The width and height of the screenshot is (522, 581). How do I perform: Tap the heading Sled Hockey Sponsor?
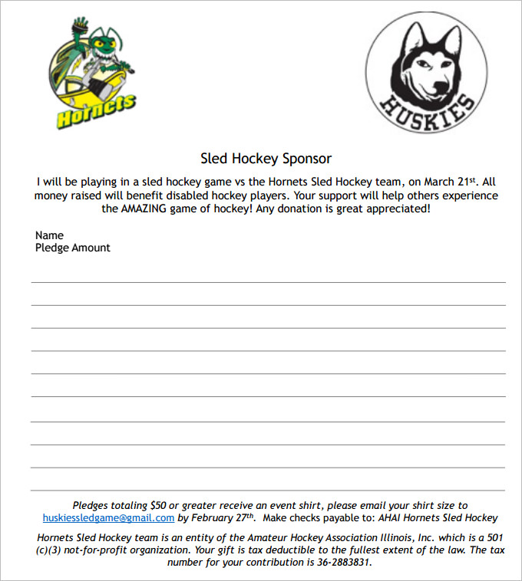(266, 159)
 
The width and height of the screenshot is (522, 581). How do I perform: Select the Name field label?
(49, 235)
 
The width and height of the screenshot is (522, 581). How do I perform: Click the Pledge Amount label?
(73, 248)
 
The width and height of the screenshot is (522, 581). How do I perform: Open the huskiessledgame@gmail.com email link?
(108, 517)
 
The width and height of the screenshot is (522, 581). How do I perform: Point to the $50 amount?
(159, 505)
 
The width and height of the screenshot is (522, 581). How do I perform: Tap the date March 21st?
(450, 182)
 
